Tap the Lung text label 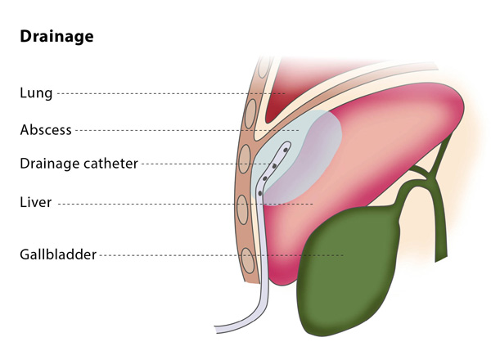36,93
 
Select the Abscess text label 46,129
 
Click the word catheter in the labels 110,164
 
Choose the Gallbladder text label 58,254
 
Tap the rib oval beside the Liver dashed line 243,209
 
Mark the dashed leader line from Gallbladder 221,254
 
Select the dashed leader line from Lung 164,93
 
